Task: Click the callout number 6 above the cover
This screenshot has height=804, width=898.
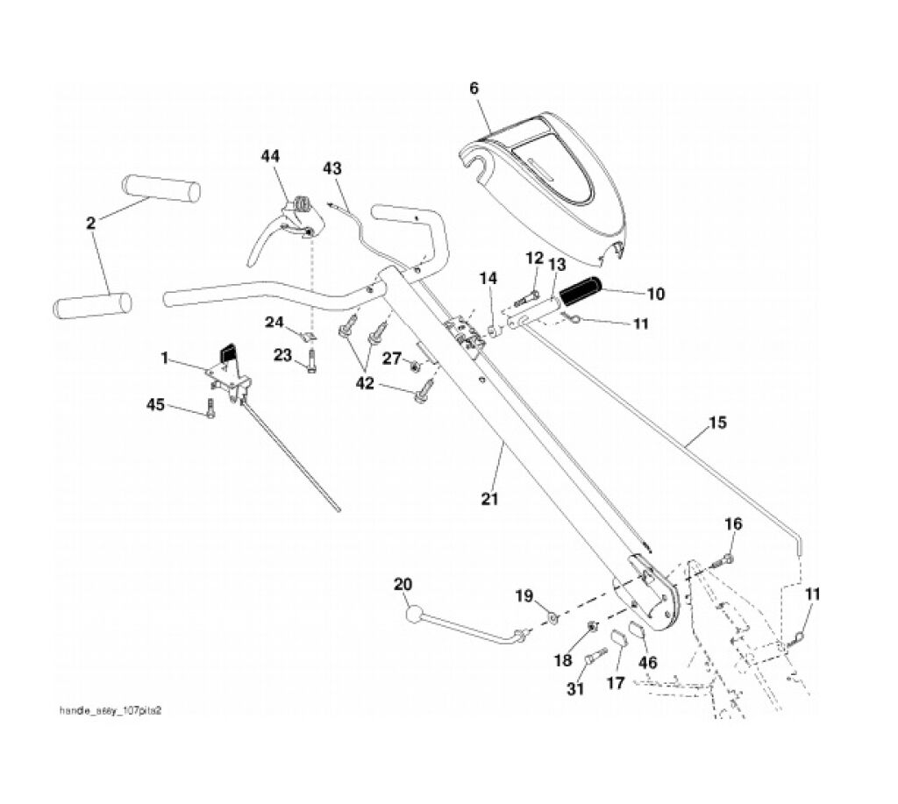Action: click(474, 89)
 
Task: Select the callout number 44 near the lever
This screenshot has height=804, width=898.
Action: click(270, 155)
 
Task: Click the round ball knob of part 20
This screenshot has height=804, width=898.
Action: click(413, 615)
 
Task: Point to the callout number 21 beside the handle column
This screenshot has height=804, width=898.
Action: click(489, 499)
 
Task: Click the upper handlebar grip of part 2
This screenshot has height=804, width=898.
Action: click(161, 188)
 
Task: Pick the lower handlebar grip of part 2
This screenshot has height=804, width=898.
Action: click(92, 305)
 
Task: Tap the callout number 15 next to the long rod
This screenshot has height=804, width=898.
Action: click(717, 423)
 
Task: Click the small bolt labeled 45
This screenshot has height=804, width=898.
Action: click(210, 409)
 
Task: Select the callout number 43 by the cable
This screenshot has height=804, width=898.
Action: click(332, 167)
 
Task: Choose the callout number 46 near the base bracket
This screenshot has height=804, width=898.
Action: click(647, 662)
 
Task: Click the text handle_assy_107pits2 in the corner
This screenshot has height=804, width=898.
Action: click(110, 711)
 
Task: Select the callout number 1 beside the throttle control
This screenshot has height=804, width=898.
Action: click(164, 357)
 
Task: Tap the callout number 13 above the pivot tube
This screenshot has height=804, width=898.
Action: click(557, 264)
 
